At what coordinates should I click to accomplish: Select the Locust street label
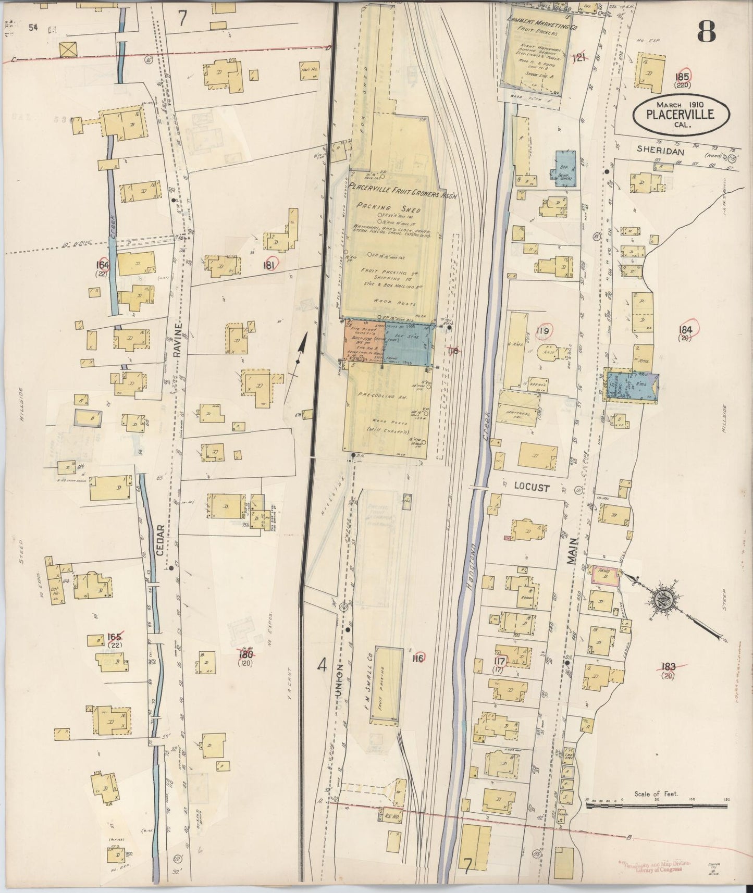tap(532, 488)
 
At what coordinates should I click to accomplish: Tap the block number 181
tap(269, 265)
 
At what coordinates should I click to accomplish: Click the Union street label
tap(339, 681)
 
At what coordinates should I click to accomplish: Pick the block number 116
tap(417, 659)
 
